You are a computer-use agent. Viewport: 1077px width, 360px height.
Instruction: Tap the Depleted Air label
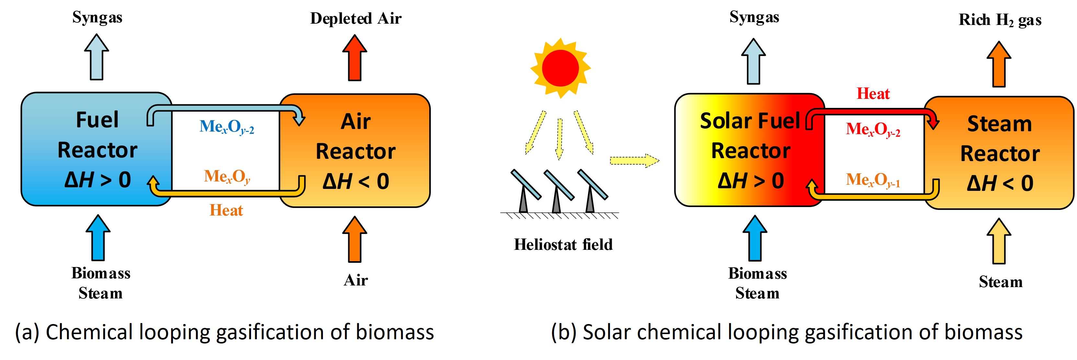tap(355, 18)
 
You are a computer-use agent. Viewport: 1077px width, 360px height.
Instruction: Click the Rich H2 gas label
tap(1000, 20)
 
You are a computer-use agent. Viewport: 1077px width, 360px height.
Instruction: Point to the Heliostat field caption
tap(563, 245)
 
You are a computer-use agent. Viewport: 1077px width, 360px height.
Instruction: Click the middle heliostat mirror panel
tap(559, 184)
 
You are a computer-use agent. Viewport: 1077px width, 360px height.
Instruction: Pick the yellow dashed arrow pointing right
tap(634, 160)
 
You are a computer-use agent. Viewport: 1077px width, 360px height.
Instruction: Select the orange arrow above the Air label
tap(355, 239)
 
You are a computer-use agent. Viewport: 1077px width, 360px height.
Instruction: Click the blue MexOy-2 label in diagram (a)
tap(227, 127)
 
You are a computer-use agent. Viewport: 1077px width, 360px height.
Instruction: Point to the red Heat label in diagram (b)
tap(873, 94)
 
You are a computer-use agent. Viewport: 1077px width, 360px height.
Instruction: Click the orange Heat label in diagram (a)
tap(226, 210)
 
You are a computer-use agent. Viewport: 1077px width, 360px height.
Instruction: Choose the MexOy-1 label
tap(873, 180)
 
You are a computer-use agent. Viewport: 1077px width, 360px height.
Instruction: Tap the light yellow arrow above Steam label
tap(999, 241)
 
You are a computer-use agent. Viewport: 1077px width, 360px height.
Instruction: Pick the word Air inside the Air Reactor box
tap(355, 122)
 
